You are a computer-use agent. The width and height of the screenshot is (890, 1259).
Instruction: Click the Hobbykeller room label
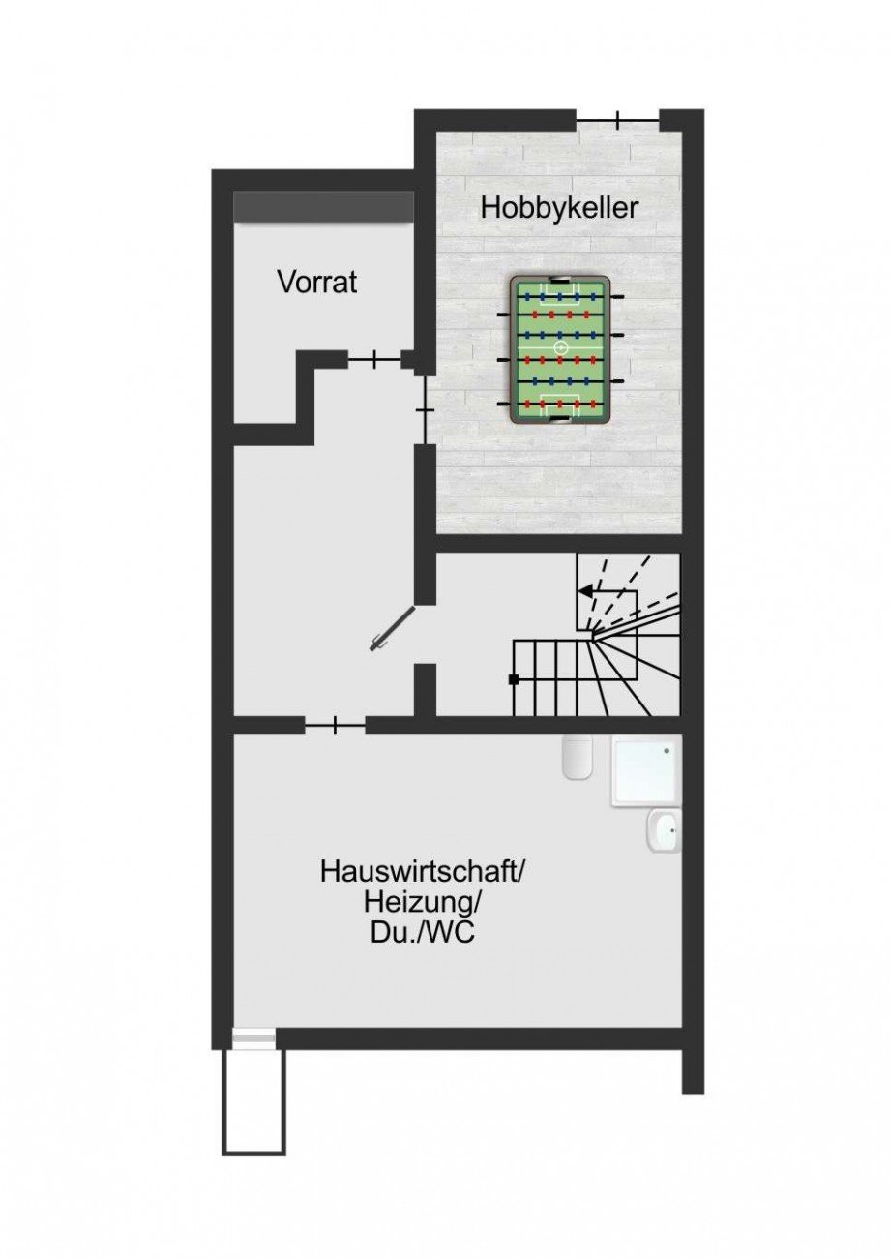coord(559,208)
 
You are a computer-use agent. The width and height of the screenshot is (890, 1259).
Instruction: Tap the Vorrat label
coord(317,283)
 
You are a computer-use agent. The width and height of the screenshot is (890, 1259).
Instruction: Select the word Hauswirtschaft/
coord(422,872)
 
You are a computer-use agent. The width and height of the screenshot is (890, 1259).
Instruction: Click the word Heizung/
coord(422,904)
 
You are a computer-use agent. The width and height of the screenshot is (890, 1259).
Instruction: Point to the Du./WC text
coord(422,936)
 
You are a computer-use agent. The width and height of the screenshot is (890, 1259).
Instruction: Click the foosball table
coord(560,348)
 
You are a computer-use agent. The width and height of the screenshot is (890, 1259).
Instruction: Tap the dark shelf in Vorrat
coord(323,206)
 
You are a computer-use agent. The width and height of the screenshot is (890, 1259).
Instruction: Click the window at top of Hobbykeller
coord(618,119)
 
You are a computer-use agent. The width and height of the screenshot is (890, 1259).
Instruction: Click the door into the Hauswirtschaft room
coord(335,725)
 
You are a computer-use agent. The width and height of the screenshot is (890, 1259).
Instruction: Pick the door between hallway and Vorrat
coord(373,360)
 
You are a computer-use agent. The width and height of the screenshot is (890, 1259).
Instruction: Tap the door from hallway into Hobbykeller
coord(423,411)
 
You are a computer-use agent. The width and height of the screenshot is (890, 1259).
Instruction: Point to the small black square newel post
coord(514,679)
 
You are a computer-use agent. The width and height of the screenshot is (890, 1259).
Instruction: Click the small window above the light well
coord(253,1039)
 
